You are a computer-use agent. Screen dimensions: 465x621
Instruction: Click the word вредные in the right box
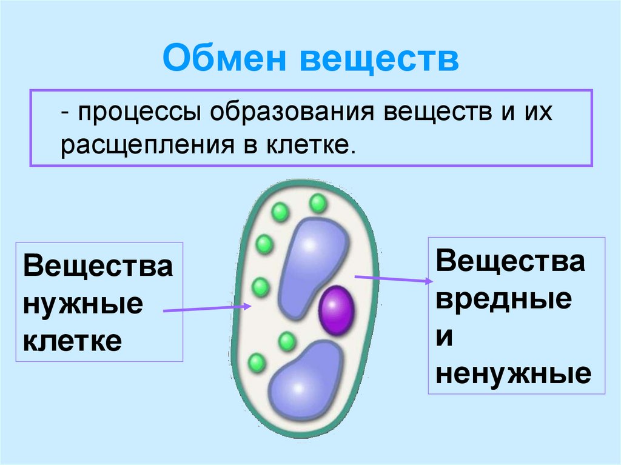(503, 299)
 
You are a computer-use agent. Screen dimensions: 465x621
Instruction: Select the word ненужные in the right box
(513, 374)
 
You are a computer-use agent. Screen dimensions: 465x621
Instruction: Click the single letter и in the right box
(444, 336)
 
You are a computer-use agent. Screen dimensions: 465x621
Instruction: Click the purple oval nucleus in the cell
(337, 311)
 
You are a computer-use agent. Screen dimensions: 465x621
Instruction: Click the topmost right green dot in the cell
(317, 204)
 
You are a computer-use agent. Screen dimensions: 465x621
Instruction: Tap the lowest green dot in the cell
(257, 364)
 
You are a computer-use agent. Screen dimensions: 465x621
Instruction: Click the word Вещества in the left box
(98, 267)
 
